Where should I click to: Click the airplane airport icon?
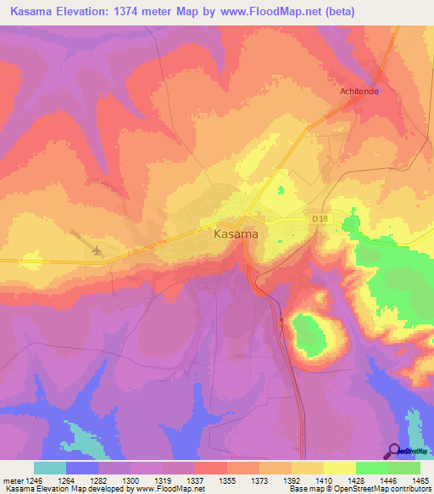point(96,250)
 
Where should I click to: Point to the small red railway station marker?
point(281,320)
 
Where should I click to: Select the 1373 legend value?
point(259,480)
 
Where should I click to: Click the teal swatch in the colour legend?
point(49,468)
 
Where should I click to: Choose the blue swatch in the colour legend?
point(82,468)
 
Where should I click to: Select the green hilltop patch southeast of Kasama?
point(309,333)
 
